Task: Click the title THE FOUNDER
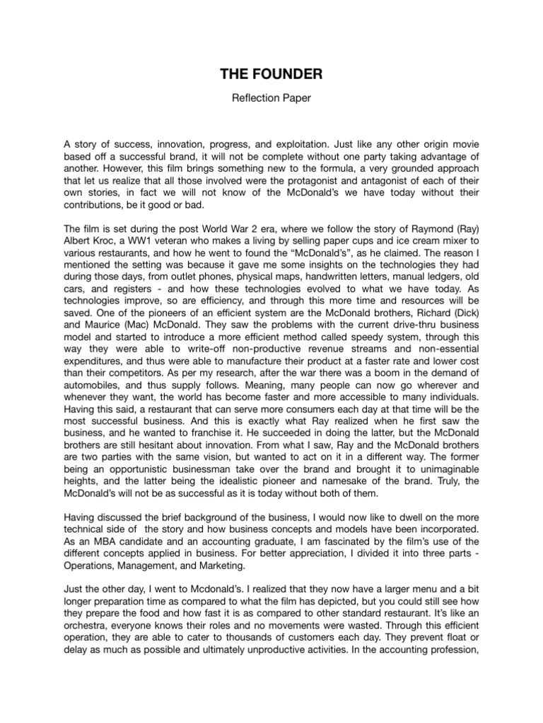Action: [x=271, y=75]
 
